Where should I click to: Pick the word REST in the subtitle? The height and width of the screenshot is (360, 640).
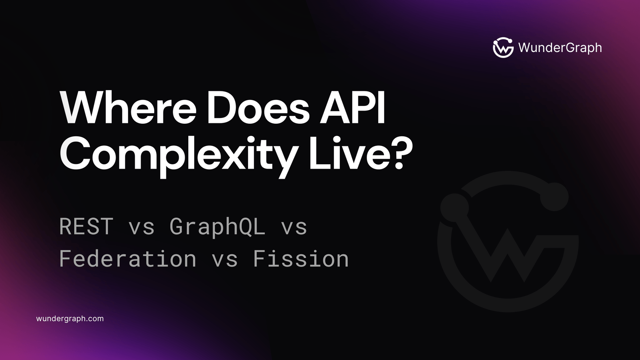tap(86, 227)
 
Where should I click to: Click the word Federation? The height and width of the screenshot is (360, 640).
tap(128, 259)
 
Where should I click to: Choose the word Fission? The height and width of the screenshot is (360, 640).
tap(301, 259)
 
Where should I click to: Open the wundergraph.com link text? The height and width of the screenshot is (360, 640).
tap(70, 319)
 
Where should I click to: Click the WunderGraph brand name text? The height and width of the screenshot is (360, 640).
tap(560, 48)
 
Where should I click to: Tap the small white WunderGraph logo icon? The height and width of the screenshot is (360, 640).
tap(503, 48)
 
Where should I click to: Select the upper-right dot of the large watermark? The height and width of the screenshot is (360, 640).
tap(554, 197)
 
